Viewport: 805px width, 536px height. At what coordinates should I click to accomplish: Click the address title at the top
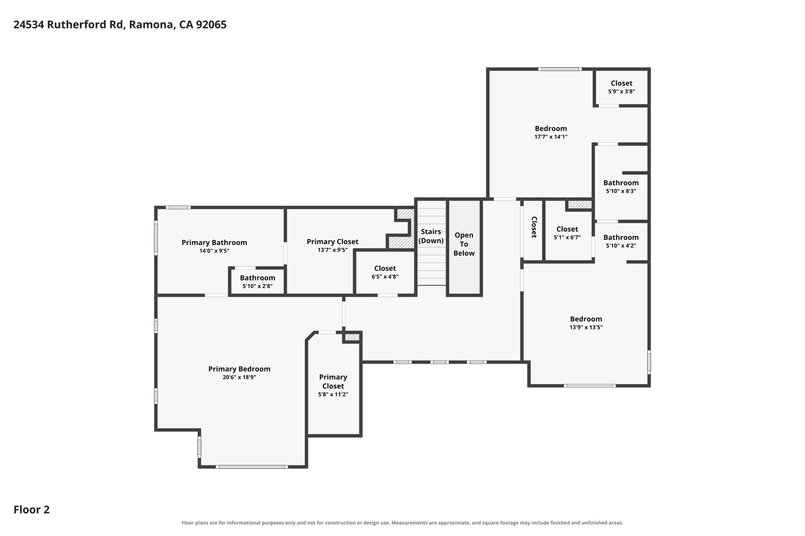tap(120, 25)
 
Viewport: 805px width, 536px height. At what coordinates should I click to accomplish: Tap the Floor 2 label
tap(31, 510)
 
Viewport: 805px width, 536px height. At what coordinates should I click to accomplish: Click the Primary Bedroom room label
tap(239, 369)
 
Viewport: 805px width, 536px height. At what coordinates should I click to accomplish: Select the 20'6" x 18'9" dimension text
tap(239, 377)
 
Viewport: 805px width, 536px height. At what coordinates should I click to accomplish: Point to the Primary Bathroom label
tap(214, 243)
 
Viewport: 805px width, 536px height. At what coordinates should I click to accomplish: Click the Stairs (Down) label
tap(431, 236)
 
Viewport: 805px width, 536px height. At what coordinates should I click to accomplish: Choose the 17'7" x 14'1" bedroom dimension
tap(551, 137)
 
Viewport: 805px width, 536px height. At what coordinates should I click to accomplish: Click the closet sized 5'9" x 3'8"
tap(621, 87)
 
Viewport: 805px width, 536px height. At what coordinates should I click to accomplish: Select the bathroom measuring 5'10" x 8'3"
tap(621, 187)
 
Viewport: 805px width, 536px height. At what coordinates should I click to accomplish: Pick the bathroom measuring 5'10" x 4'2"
tap(621, 241)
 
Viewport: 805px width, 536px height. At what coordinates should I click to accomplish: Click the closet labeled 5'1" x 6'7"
tap(567, 233)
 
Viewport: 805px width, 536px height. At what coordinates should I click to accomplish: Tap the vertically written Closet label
tap(534, 227)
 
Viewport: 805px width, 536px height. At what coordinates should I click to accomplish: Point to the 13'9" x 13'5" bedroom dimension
tap(586, 327)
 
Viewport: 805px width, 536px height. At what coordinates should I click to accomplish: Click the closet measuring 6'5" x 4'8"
tap(385, 272)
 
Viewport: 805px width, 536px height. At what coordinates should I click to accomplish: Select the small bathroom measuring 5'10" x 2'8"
tap(257, 282)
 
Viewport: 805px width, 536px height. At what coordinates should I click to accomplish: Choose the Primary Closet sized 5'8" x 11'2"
tap(333, 386)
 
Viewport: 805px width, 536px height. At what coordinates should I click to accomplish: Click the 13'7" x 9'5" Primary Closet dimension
tap(333, 250)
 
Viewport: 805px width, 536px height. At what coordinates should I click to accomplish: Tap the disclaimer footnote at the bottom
tap(402, 523)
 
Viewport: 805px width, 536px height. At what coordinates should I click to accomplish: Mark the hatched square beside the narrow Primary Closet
tap(352, 337)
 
